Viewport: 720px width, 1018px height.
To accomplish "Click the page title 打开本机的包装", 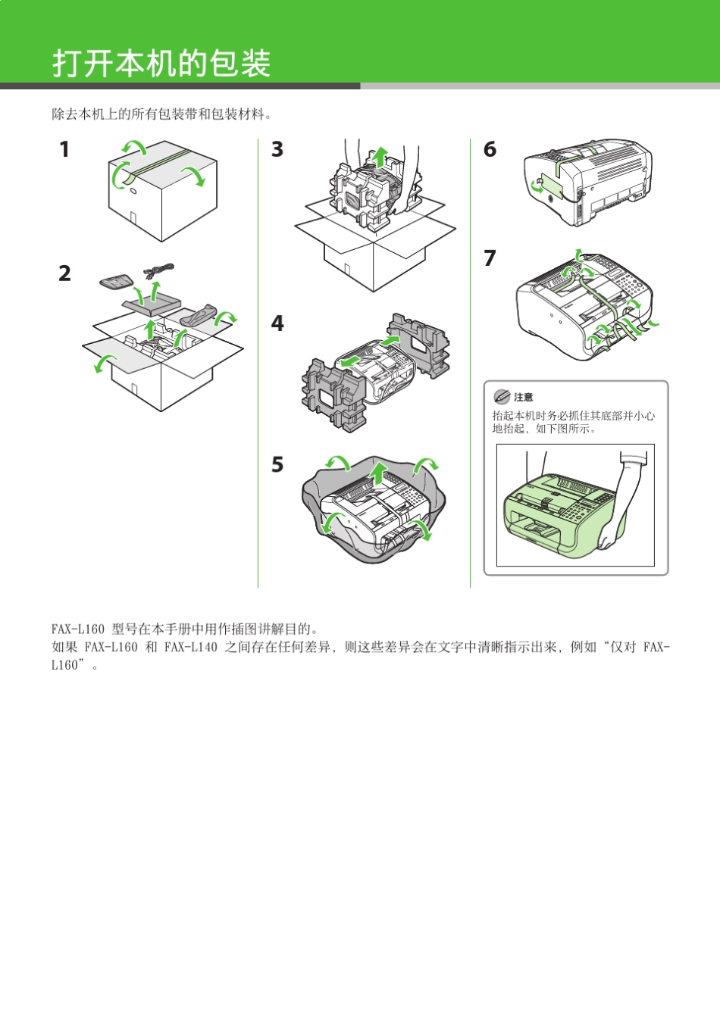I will (x=161, y=64).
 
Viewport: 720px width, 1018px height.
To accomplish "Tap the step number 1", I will (x=64, y=150).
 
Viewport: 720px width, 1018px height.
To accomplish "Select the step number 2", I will (x=65, y=273).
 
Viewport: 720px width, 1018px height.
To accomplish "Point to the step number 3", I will (x=277, y=150).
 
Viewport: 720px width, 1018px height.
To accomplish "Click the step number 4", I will (x=277, y=323).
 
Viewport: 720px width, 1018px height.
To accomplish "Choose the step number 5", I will (x=277, y=464).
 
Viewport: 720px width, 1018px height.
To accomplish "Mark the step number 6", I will (x=490, y=150).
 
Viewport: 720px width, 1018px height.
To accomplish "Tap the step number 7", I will (x=490, y=258).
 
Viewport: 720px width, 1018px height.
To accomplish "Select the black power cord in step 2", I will (x=160, y=270).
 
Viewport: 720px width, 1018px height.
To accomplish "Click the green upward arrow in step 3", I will (x=380, y=158).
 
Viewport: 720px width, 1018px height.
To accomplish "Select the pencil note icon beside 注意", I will (x=501, y=397).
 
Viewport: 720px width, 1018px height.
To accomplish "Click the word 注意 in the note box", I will (x=524, y=397).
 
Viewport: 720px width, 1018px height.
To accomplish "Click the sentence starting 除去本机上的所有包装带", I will (x=161, y=114).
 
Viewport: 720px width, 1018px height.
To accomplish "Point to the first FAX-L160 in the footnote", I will (x=77, y=629).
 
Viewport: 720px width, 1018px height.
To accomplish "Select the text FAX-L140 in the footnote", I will (x=190, y=647).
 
